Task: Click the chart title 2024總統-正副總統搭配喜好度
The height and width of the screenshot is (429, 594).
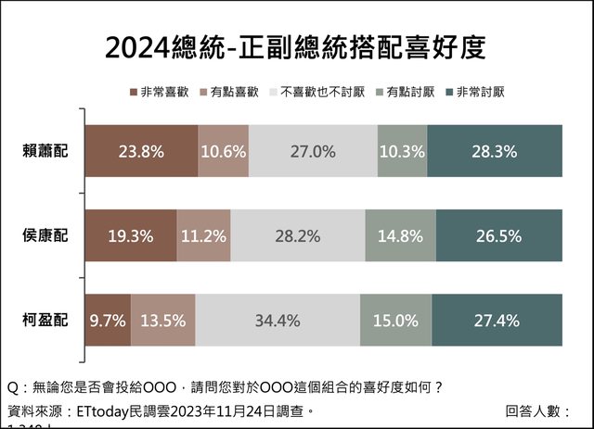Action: tap(295, 48)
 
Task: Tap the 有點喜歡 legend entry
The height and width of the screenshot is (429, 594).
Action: tap(232, 93)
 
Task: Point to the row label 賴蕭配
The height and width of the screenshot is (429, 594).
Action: tap(49, 150)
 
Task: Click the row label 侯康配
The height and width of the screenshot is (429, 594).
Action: tap(49, 235)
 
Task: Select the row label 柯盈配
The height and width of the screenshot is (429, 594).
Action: tap(49, 321)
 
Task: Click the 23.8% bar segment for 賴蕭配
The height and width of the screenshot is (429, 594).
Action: tap(141, 150)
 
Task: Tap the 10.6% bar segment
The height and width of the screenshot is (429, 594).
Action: tap(223, 150)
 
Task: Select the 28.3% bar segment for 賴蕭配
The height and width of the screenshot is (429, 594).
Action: tap(495, 150)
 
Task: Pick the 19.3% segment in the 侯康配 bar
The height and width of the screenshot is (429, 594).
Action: tap(131, 235)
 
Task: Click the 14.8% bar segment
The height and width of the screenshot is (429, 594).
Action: tap(400, 235)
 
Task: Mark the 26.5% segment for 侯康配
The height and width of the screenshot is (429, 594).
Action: tap(498, 235)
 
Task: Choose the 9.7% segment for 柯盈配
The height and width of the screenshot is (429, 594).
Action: tap(108, 321)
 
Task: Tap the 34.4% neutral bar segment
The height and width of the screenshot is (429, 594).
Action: tap(278, 321)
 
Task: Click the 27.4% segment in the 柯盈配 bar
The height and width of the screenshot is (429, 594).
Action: tap(497, 321)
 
